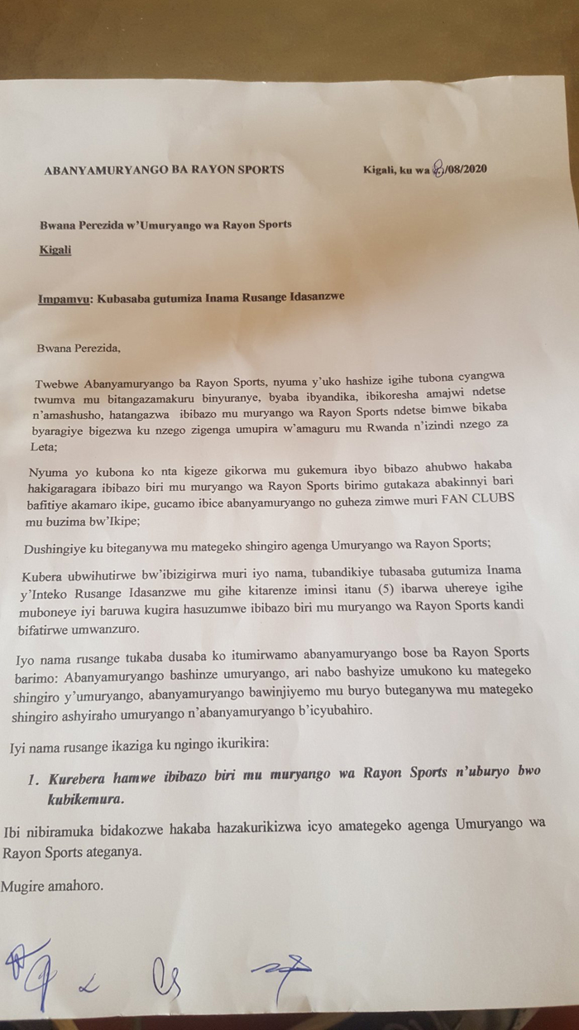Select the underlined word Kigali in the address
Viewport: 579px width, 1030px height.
[x=55, y=248]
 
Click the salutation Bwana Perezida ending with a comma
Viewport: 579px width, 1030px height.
[x=79, y=347]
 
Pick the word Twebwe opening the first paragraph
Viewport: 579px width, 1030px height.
[x=56, y=384]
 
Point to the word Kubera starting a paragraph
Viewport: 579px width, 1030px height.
[x=54, y=574]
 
